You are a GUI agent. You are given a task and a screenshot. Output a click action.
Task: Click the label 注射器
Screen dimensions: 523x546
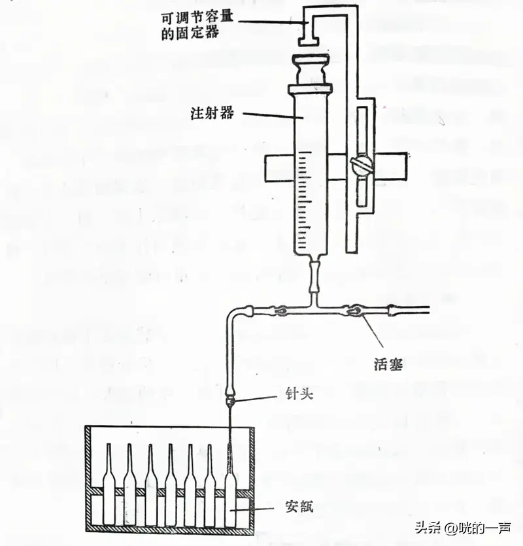pyautogui.click(x=212, y=113)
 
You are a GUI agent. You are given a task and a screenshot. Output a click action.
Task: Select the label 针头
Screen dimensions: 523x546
pyautogui.click(x=299, y=394)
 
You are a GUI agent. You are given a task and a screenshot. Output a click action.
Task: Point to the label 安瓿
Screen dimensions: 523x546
pyautogui.click(x=299, y=506)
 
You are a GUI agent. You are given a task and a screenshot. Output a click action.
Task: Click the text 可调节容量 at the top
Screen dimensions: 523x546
pyautogui.click(x=197, y=18)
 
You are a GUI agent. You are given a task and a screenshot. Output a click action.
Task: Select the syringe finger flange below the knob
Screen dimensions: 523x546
pyautogui.click(x=311, y=89)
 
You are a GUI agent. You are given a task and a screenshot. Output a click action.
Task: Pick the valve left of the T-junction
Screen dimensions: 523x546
pyautogui.click(x=278, y=310)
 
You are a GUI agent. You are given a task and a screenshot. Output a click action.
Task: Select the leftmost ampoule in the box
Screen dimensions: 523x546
pyautogui.click(x=109, y=484)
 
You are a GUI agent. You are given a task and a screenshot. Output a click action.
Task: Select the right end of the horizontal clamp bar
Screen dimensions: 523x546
pyautogui.click(x=406, y=167)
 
